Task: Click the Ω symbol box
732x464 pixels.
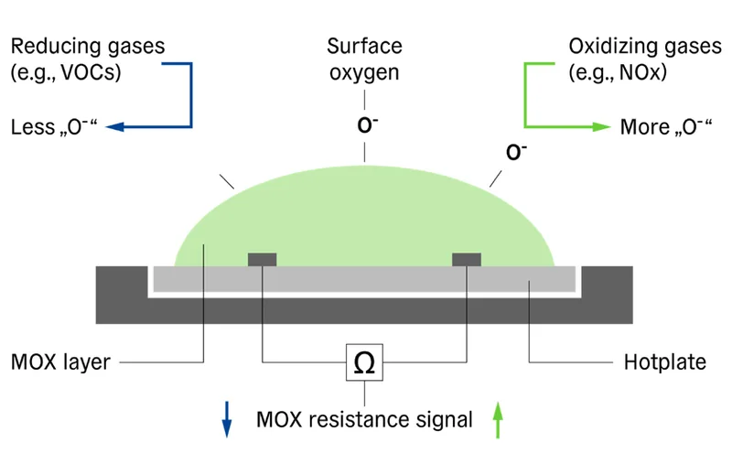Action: click(x=364, y=363)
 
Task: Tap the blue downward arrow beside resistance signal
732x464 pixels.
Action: click(x=228, y=420)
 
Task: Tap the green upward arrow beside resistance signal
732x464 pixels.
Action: click(x=497, y=420)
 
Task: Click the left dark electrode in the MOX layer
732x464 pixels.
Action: click(x=263, y=259)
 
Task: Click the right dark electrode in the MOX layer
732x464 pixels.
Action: click(x=467, y=259)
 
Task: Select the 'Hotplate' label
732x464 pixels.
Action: click(x=664, y=362)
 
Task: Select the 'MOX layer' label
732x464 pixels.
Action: click(x=60, y=362)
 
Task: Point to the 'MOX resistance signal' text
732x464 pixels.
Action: click(x=364, y=420)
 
